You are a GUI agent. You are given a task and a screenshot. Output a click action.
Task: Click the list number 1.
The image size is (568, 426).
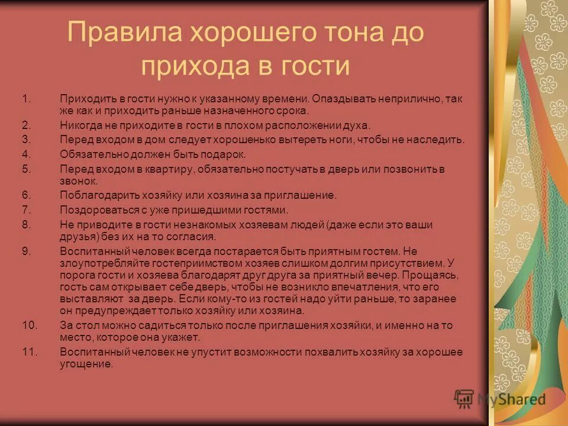(x=25, y=98)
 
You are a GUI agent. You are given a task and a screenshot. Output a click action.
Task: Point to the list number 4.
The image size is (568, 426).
(x=25, y=154)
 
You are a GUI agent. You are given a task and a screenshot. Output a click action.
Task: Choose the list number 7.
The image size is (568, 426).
(x=25, y=209)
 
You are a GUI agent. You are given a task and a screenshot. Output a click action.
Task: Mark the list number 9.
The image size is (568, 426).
(x=25, y=251)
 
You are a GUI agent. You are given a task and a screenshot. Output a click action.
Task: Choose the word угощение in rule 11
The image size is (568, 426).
(x=86, y=364)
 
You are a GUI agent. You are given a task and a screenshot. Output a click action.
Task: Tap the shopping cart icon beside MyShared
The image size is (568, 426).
(x=464, y=398)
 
